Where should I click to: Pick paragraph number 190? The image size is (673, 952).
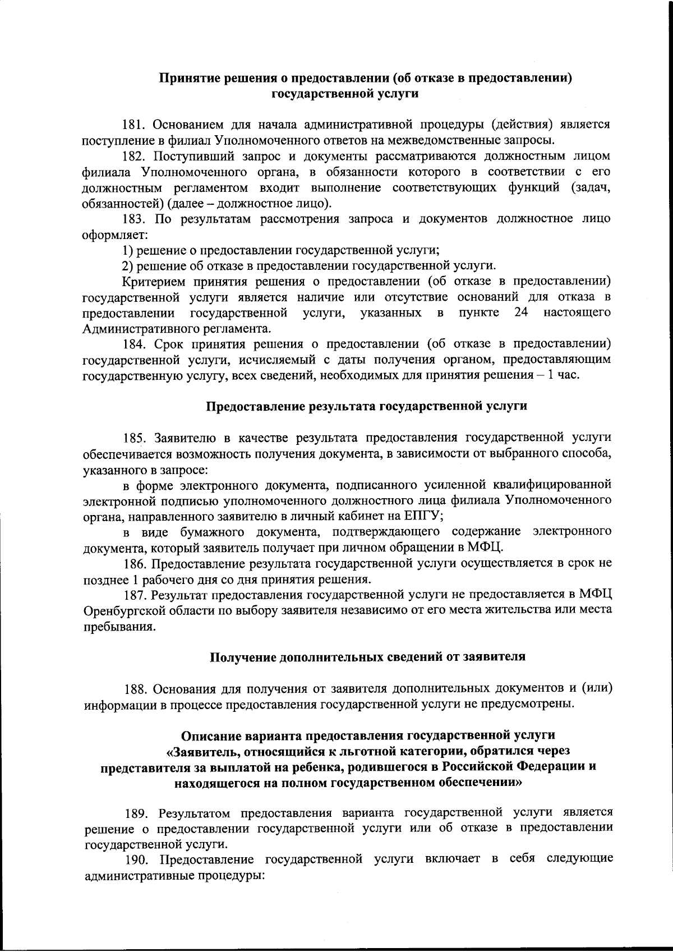(135, 859)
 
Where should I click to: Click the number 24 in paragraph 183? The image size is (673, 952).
(521, 312)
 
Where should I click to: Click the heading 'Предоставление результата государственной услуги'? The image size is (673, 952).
(367, 406)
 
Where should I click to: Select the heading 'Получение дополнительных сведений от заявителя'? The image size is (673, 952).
(367, 657)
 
